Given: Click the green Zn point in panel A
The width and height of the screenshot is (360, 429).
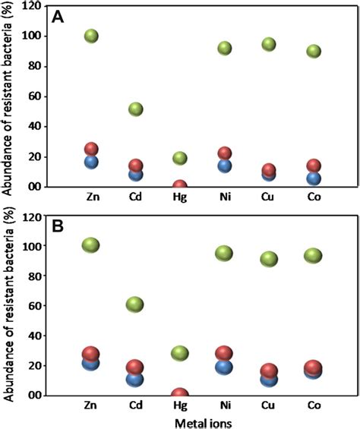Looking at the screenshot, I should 91,36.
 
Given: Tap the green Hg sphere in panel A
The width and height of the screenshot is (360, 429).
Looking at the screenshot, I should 180,158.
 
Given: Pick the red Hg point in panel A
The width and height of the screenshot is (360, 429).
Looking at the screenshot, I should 180,186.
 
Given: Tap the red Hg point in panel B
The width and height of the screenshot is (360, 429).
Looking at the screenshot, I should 180,395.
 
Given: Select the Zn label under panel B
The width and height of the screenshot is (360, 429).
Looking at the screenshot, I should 91,407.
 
